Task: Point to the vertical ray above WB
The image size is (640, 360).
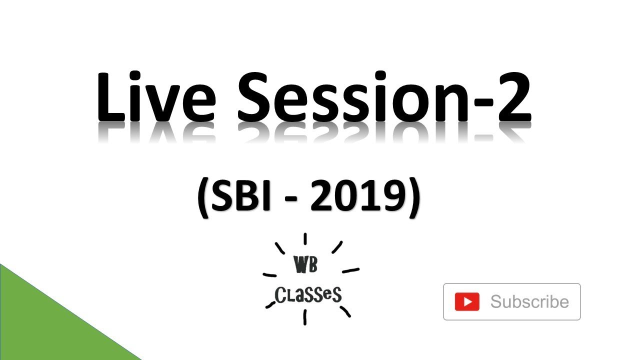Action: click(305, 238)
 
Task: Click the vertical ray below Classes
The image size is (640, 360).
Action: click(304, 317)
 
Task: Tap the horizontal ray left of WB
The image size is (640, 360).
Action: click(270, 275)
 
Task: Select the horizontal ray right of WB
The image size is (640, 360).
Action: click(350, 270)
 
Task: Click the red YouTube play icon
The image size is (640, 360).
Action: click(467, 302)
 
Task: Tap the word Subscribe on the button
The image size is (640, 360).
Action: click(529, 302)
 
